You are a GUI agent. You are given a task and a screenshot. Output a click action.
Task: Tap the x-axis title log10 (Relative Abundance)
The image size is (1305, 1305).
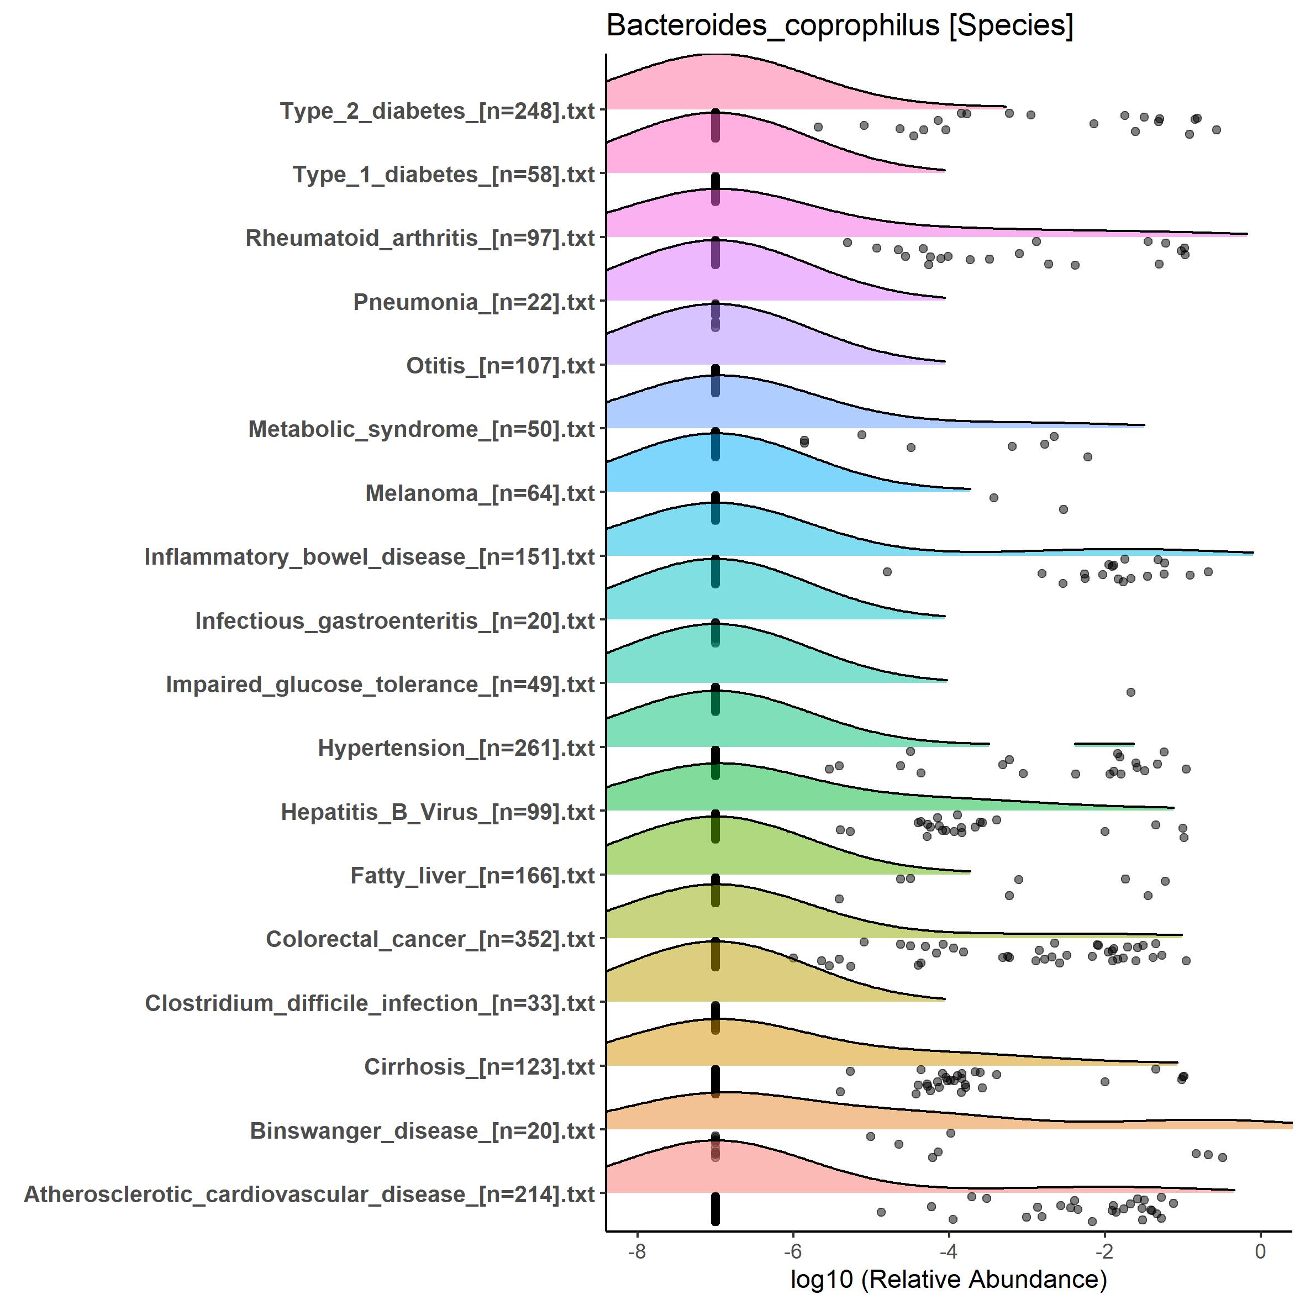[948, 1278]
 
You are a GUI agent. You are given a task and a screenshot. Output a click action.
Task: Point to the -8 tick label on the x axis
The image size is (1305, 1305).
[636, 1251]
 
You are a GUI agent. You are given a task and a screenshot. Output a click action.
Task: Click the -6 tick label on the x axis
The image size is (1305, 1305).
[792, 1251]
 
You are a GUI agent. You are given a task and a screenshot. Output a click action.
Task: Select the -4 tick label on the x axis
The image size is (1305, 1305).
[948, 1251]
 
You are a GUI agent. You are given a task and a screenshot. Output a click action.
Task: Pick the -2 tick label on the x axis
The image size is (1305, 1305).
[1104, 1251]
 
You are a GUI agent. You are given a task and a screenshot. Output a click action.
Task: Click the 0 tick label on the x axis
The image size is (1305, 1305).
[1260, 1251]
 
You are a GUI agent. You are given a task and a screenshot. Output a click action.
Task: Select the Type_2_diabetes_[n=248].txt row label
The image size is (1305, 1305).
[438, 112]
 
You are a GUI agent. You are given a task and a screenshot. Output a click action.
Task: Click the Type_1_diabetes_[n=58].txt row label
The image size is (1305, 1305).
[444, 175]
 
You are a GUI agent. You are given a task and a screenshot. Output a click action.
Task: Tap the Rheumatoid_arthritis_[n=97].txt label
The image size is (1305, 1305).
[420, 239]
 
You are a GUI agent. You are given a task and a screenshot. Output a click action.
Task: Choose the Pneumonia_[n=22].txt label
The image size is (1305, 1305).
[474, 302]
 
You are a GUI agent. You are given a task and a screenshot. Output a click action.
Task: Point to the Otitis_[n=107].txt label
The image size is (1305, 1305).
[501, 366]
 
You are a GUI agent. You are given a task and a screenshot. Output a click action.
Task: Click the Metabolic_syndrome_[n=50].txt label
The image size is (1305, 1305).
[422, 430]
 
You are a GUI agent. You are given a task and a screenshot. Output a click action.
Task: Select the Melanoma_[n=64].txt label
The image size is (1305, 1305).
[480, 494]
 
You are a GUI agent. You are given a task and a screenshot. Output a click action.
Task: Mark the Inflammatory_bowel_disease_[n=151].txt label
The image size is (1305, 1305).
[370, 557]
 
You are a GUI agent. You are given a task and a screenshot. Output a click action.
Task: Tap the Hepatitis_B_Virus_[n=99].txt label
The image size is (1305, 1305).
[438, 812]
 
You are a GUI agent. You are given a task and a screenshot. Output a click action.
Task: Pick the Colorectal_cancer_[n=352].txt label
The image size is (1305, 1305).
[430, 940]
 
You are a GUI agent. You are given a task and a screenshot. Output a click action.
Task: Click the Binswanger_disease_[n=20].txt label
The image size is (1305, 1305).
[422, 1131]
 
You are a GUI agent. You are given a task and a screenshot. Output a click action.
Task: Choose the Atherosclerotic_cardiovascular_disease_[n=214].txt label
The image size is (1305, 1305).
[309, 1194]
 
